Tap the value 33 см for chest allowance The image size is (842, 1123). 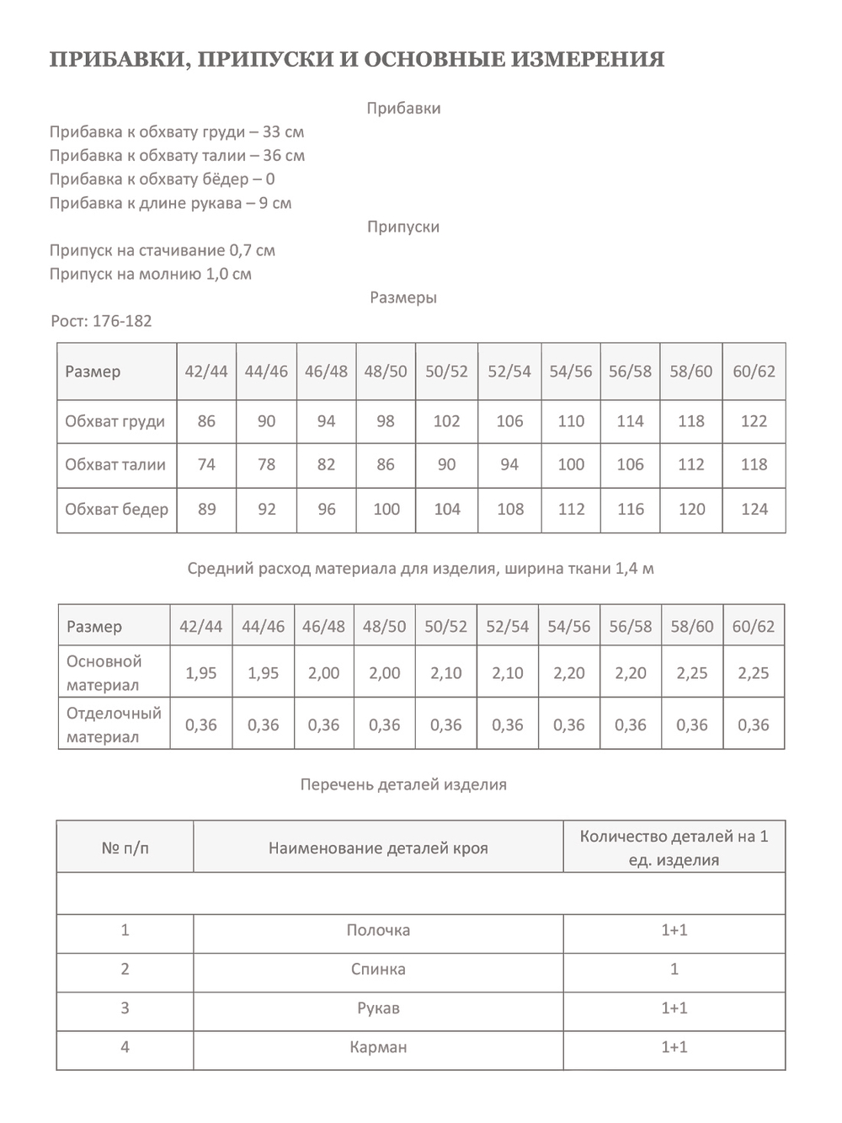coord(284,132)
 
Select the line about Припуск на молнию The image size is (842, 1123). coord(151,274)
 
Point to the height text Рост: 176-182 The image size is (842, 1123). coord(101,321)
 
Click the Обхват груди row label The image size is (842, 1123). coord(115,421)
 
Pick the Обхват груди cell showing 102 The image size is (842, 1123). coord(446,421)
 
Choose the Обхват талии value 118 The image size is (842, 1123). coord(754,464)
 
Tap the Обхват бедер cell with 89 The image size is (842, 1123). coord(206,509)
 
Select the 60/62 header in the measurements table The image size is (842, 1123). coord(754,371)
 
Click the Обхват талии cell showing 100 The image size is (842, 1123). coord(571,464)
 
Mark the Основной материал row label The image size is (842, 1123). coord(104,673)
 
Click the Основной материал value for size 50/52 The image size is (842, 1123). coord(446,673)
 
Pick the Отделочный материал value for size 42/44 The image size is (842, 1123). coord(201,725)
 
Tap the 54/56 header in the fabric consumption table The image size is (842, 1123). coord(569,626)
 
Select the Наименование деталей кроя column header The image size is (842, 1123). coord(378,848)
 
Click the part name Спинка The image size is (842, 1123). coord(378,969)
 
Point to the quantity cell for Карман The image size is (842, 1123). coord(674,1047)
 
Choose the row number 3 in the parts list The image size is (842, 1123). coord(125,1008)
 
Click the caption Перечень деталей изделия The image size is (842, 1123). coord(403,784)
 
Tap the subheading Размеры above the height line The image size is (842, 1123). coord(403,297)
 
